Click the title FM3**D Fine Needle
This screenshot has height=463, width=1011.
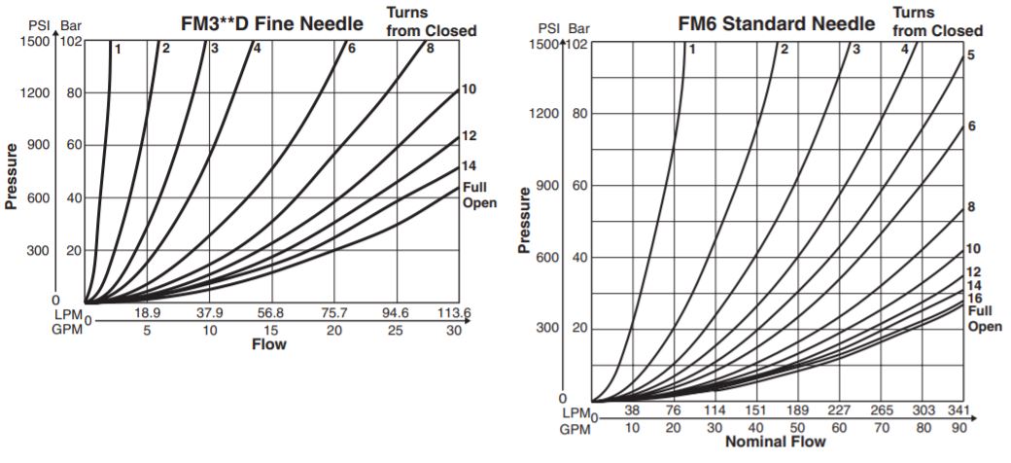[x=271, y=21]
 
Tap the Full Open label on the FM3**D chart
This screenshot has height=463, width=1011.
[x=478, y=195]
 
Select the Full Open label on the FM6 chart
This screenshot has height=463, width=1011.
[x=984, y=318]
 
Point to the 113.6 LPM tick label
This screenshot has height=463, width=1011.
[x=453, y=313]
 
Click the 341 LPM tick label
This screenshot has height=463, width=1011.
[x=959, y=410]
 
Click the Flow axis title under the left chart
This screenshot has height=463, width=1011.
[x=268, y=344]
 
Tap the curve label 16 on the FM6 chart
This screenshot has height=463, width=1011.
[x=974, y=299]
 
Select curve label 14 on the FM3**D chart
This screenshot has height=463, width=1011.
[x=469, y=165]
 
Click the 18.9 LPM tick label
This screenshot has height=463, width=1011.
[x=147, y=313]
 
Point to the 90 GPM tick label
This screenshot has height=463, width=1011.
[x=959, y=427]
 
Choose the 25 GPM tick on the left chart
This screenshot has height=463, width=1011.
[x=396, y=330]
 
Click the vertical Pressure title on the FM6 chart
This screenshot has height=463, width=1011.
[x=525, y=221]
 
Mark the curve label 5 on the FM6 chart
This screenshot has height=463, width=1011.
[x=971, y=55]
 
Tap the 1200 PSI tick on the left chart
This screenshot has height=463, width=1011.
[x=36, y=93]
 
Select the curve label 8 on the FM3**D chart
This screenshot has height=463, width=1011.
[x=430, y=48]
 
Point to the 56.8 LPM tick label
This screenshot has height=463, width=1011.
[x=270, y=313]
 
